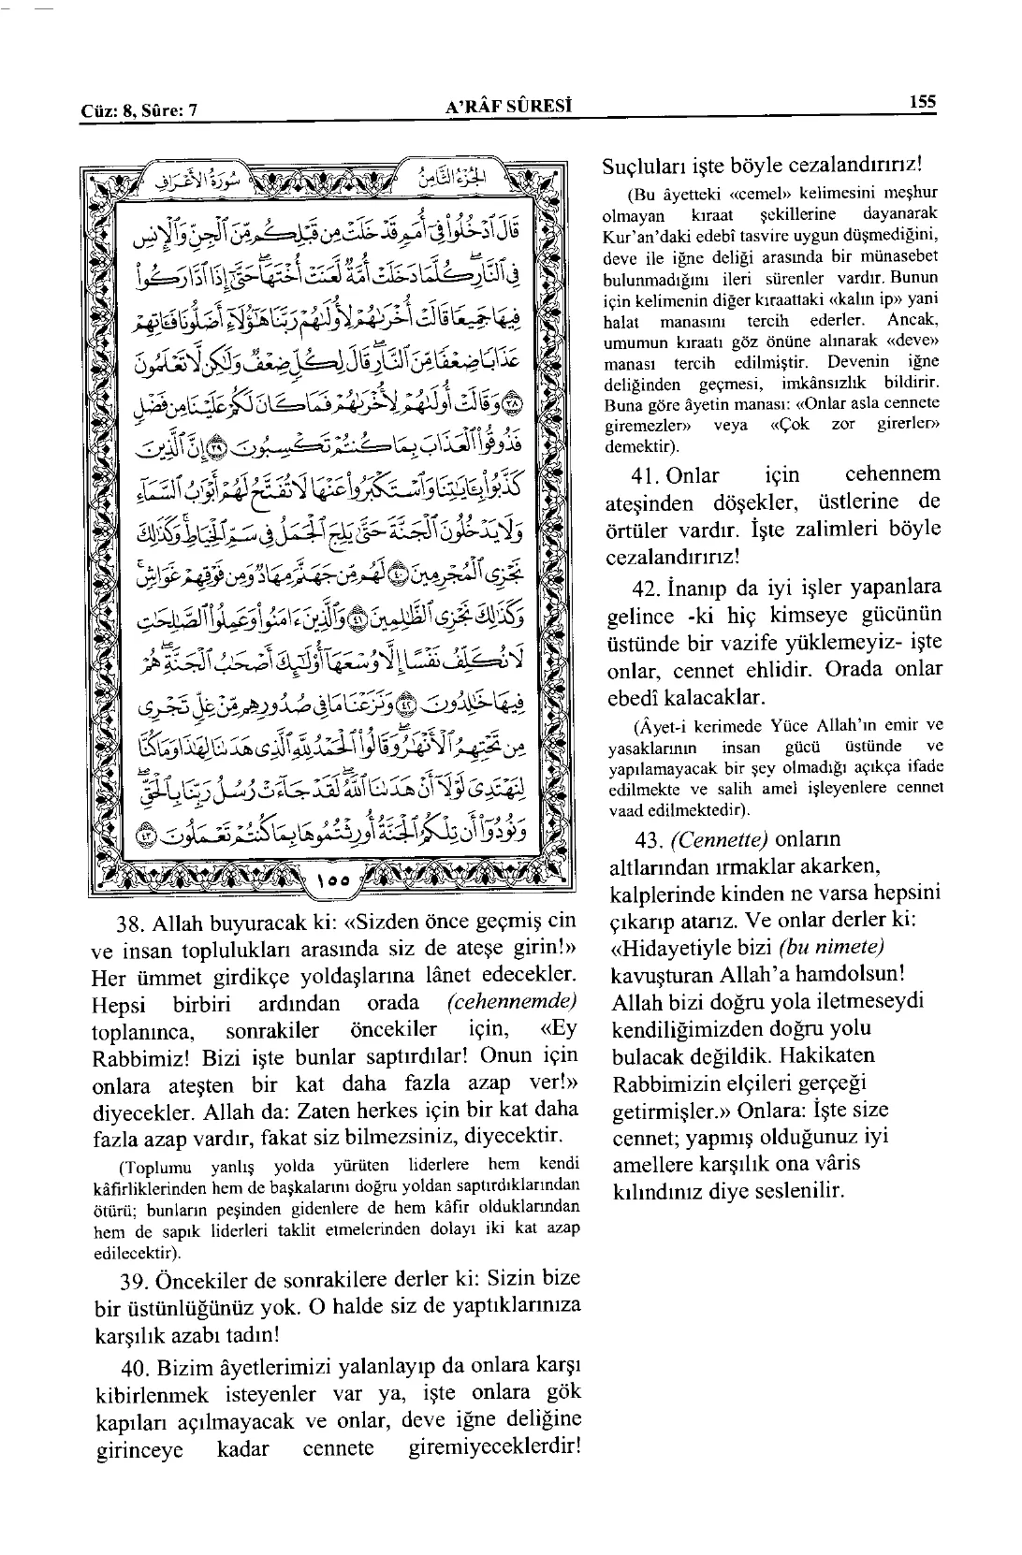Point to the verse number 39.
tap(143, 1279)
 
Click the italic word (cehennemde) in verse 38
tap(512, 1003)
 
